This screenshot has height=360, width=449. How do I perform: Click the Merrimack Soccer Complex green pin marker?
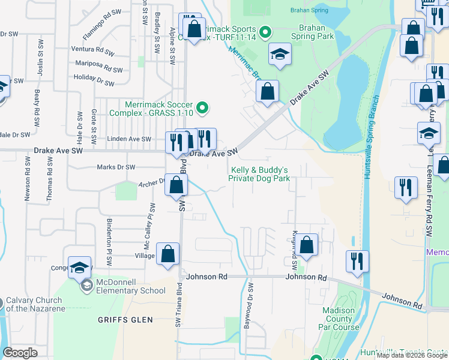pyautogui.click(x=203, y=108)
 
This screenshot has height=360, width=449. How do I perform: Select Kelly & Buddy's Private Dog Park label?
pyautogui.click(x=259, y=174)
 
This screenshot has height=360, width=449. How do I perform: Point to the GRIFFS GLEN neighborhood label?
pyautogui.click(x=125, y=320)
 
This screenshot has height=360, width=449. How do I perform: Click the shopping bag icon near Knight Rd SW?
pyautogui.click(x=306, y=245)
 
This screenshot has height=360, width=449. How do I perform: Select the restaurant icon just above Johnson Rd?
pyautogui.click(x=357, y=262)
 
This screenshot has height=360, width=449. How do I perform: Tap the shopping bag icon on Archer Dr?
pyautogui.click(x=176, y=185)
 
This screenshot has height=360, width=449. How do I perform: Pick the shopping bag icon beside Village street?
pyautogui.click(x=168, y=254)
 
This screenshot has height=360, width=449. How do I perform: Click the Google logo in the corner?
pyautogui.click(x=20, y=353)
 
